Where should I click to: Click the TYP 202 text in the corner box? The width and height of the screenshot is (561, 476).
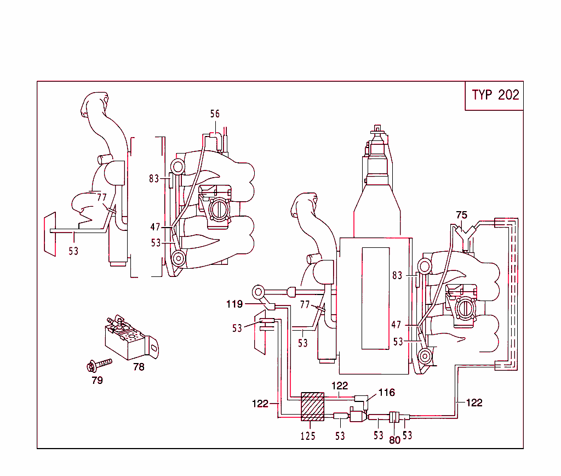pyautogui.click(x=495, y=95)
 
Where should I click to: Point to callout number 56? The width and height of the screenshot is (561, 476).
pyautogui.click(x=215, y=114)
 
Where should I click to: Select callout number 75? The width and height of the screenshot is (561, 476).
pyautogui.click(x=461, y=214)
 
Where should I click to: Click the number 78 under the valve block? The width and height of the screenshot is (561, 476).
pyautogui.click(x=139, y=367)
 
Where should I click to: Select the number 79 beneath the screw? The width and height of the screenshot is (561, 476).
pyautogui.click(x=97, y=380)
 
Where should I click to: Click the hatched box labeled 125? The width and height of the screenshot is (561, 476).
pyautogui.click(x=312, y=407)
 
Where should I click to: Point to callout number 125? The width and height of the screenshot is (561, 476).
pyautogui.click(x=308, y=436)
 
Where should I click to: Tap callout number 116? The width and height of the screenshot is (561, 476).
pyautogui.click(x=386, y=392)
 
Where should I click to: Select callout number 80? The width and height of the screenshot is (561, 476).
pyautogui.click(x=394, y=439)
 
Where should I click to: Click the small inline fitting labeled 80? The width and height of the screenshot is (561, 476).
pyautogui.click(x=393, y=418)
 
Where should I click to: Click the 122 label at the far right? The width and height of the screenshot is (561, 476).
pyautogui.click(x=474, y=403)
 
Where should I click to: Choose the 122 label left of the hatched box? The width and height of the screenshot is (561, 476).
pyautogui.click(x=261, y=404)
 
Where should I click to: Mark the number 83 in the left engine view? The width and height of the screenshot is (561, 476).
pyautogui.click(x=154, y=178)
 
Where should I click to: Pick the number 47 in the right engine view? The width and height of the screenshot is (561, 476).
pyautogui.click(x=397, y=325)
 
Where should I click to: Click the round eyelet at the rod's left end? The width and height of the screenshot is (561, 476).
pyautogui.click(x=258, y=291)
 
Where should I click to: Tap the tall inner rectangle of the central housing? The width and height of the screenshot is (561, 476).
pyautogui.click(x=375, y=298)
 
